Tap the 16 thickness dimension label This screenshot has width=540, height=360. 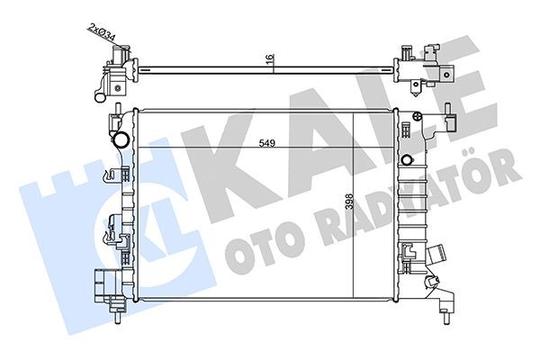(x=269, y=59)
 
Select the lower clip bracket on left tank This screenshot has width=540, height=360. (x=112, y=230)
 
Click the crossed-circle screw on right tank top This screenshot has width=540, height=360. (x=417, y=116)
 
